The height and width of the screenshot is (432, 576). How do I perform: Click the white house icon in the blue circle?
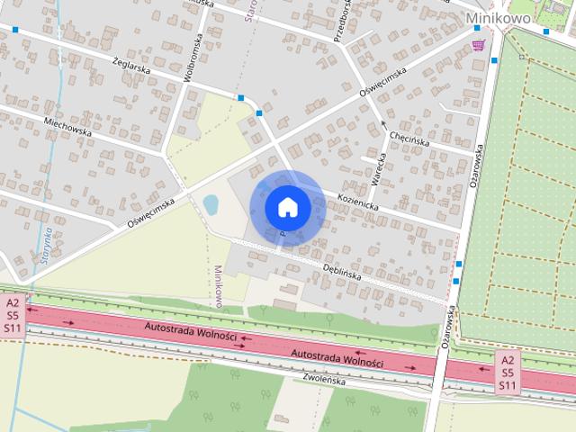click(x=287, y=207)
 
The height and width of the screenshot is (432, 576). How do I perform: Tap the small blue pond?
click(x=211, y=205)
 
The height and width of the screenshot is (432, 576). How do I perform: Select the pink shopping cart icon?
click(x=478, y=46)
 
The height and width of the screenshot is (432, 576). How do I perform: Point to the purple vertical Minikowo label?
click(x=219, y=286)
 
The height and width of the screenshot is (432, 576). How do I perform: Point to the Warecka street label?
click(x=379, y=169)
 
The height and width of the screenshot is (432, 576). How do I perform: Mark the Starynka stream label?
click(x=45, y=258)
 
